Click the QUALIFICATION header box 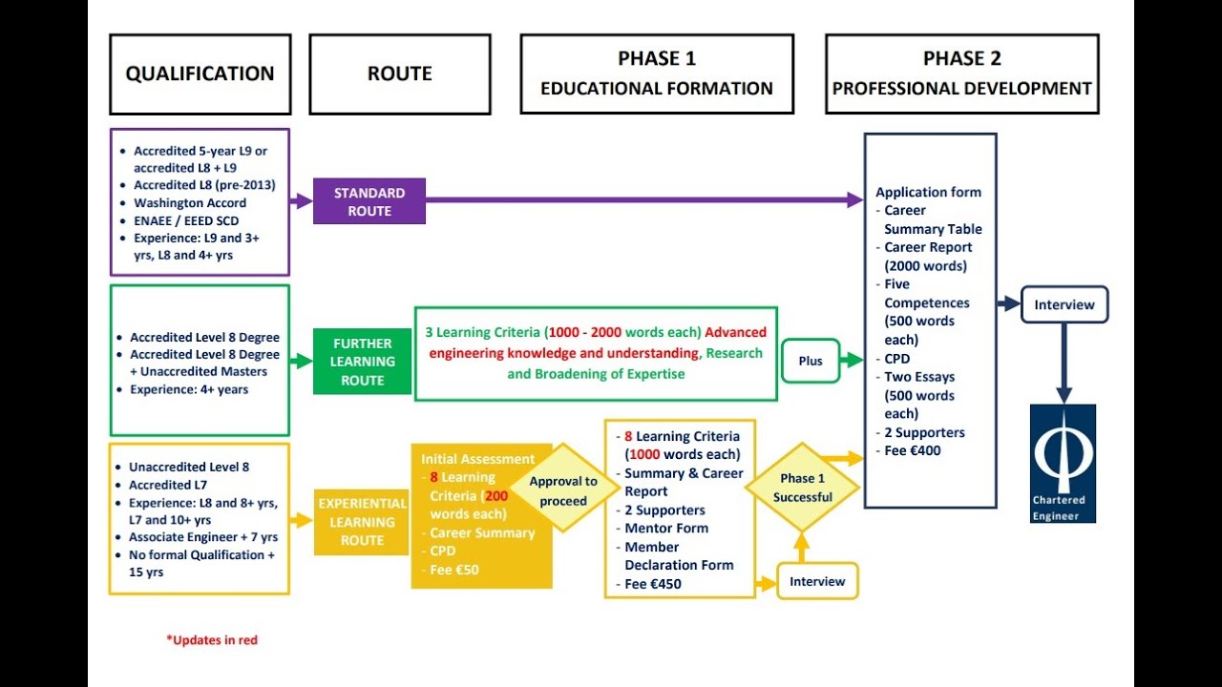tap(200, 74)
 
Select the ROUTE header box tap(399, 74)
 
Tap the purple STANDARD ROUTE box tap(369, 202)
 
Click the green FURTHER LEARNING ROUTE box tap(363, 362)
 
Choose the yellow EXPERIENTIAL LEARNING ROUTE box tap(362, 522)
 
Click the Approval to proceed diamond tap(562, 490)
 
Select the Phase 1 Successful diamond tap(802, 488)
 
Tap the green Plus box tap(810, 362)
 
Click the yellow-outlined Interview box tap(817, 581)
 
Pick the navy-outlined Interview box tap(1064, 305)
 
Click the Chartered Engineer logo tap(1063, 464)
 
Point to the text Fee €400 tap(912, 450)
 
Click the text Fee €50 tap(453, 570)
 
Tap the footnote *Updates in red tap(212, 640)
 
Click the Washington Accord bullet tap(190, 202)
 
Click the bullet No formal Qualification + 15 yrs tap(201, 563)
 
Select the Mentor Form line tap(665, 528)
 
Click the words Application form tap(928, 192)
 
